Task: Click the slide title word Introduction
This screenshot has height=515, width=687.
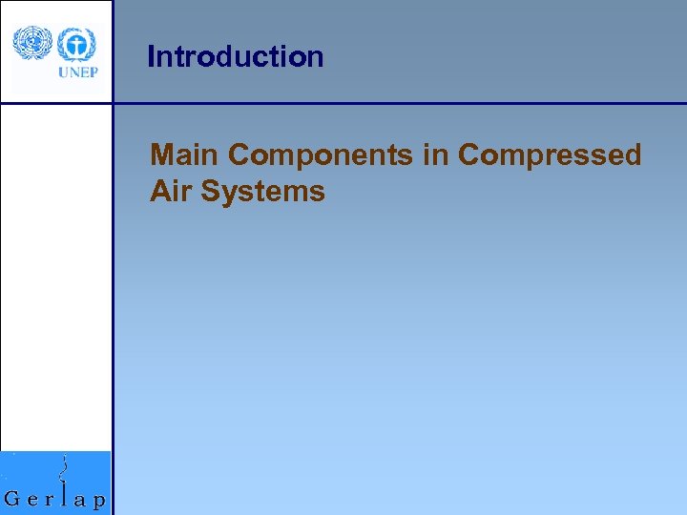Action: pyautogui.click(x=236, y=57)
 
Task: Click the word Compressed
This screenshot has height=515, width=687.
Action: pyautogui.click(x=550, y=155)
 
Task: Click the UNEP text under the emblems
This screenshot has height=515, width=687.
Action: pyautogui.click(x=77, y=72)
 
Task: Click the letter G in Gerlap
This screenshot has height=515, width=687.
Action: pyautogui.click(x=14, y=498)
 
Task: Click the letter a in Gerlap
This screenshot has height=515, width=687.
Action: pyautogui.click(x=81, y=500)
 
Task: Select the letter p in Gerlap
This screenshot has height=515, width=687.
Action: pyautogui.click(x=99, y=502)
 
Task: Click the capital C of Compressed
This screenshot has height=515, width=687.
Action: pyautogui.click(x=469, y=154)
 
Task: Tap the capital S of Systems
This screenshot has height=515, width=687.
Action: pyautogui.click(x=209, y=191)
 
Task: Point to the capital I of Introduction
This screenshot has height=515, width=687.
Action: pyautogui.click(x=151, y=57)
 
